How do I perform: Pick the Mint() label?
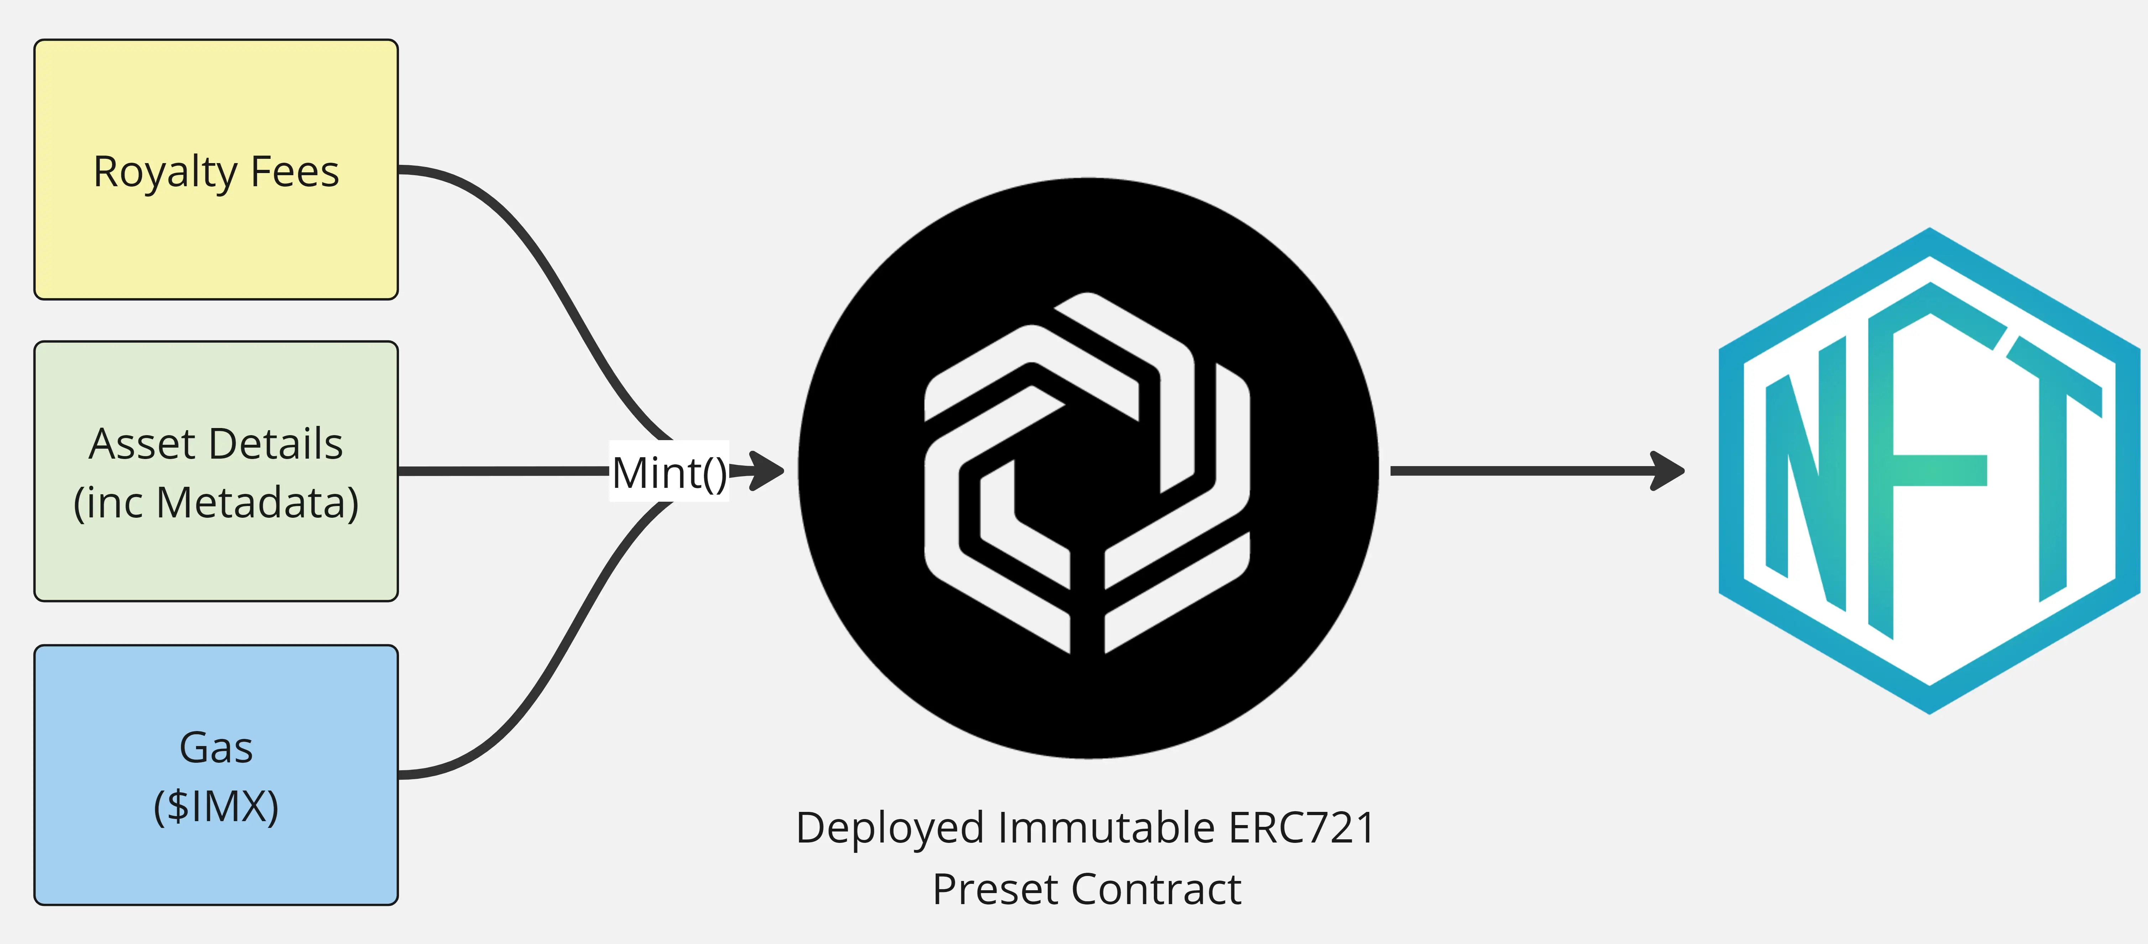[669, 472]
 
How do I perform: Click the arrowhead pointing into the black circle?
[766, 471]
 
